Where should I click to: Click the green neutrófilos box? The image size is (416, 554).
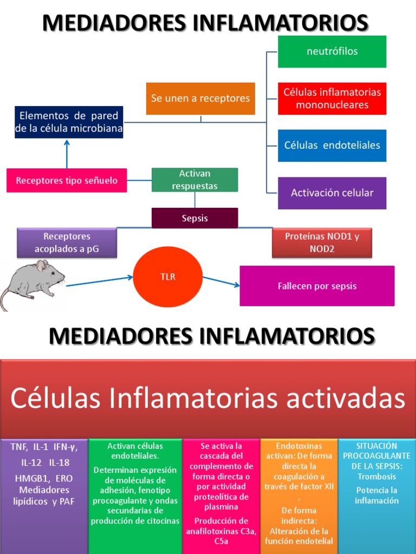coord(332,52)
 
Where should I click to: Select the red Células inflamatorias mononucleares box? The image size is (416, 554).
coord(332,98)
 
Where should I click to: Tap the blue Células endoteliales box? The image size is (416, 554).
coord(332,146)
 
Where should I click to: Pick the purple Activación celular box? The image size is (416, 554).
coord(332,193)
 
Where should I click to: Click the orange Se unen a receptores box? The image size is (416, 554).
coord(200,98)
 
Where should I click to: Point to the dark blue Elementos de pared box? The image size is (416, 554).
coord(68,122)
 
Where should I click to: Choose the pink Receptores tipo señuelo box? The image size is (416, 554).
coord(67,181)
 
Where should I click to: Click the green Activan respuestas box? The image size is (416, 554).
coord(194,180)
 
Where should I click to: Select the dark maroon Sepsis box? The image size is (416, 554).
coord(194,218)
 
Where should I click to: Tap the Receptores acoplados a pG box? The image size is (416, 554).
coord(67,243)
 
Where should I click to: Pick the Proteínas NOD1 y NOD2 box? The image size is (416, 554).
coord(322,243)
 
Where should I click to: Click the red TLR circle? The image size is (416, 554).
coord(168,277)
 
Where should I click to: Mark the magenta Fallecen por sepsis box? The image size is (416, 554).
coord(317,286)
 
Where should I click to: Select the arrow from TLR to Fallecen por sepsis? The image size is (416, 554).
coord(220,281)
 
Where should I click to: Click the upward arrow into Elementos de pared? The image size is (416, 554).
coord(67,154)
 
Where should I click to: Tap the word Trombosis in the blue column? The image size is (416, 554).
coord(376,477)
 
